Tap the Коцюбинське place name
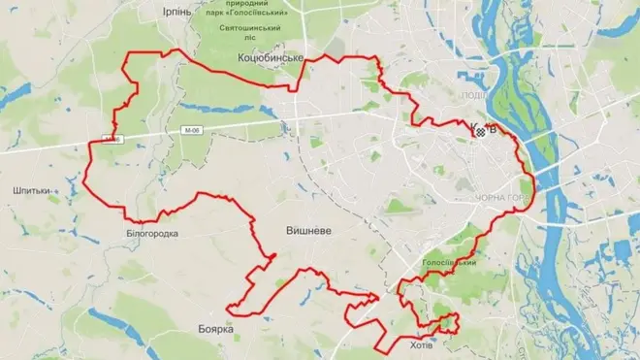pyautogui.click(x=272, y=59)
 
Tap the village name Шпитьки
pyautogui.click(x=33, y=190)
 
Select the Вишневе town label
pyautogui.click(x=310, y=231)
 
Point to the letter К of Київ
pyautogui.click(x=472, y=128)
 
